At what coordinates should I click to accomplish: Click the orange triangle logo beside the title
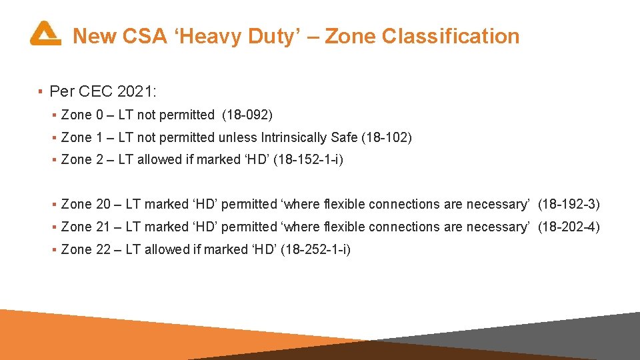45,33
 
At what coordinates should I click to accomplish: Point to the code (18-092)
247,115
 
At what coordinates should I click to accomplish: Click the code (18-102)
387,138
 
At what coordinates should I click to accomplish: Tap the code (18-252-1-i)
316,250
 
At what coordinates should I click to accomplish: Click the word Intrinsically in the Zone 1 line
294,138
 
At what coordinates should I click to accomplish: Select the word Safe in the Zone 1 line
344,138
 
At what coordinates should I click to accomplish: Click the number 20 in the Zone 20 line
103,205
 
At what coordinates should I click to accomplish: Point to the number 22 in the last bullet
103,250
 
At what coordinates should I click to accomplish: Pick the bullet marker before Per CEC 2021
41,90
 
